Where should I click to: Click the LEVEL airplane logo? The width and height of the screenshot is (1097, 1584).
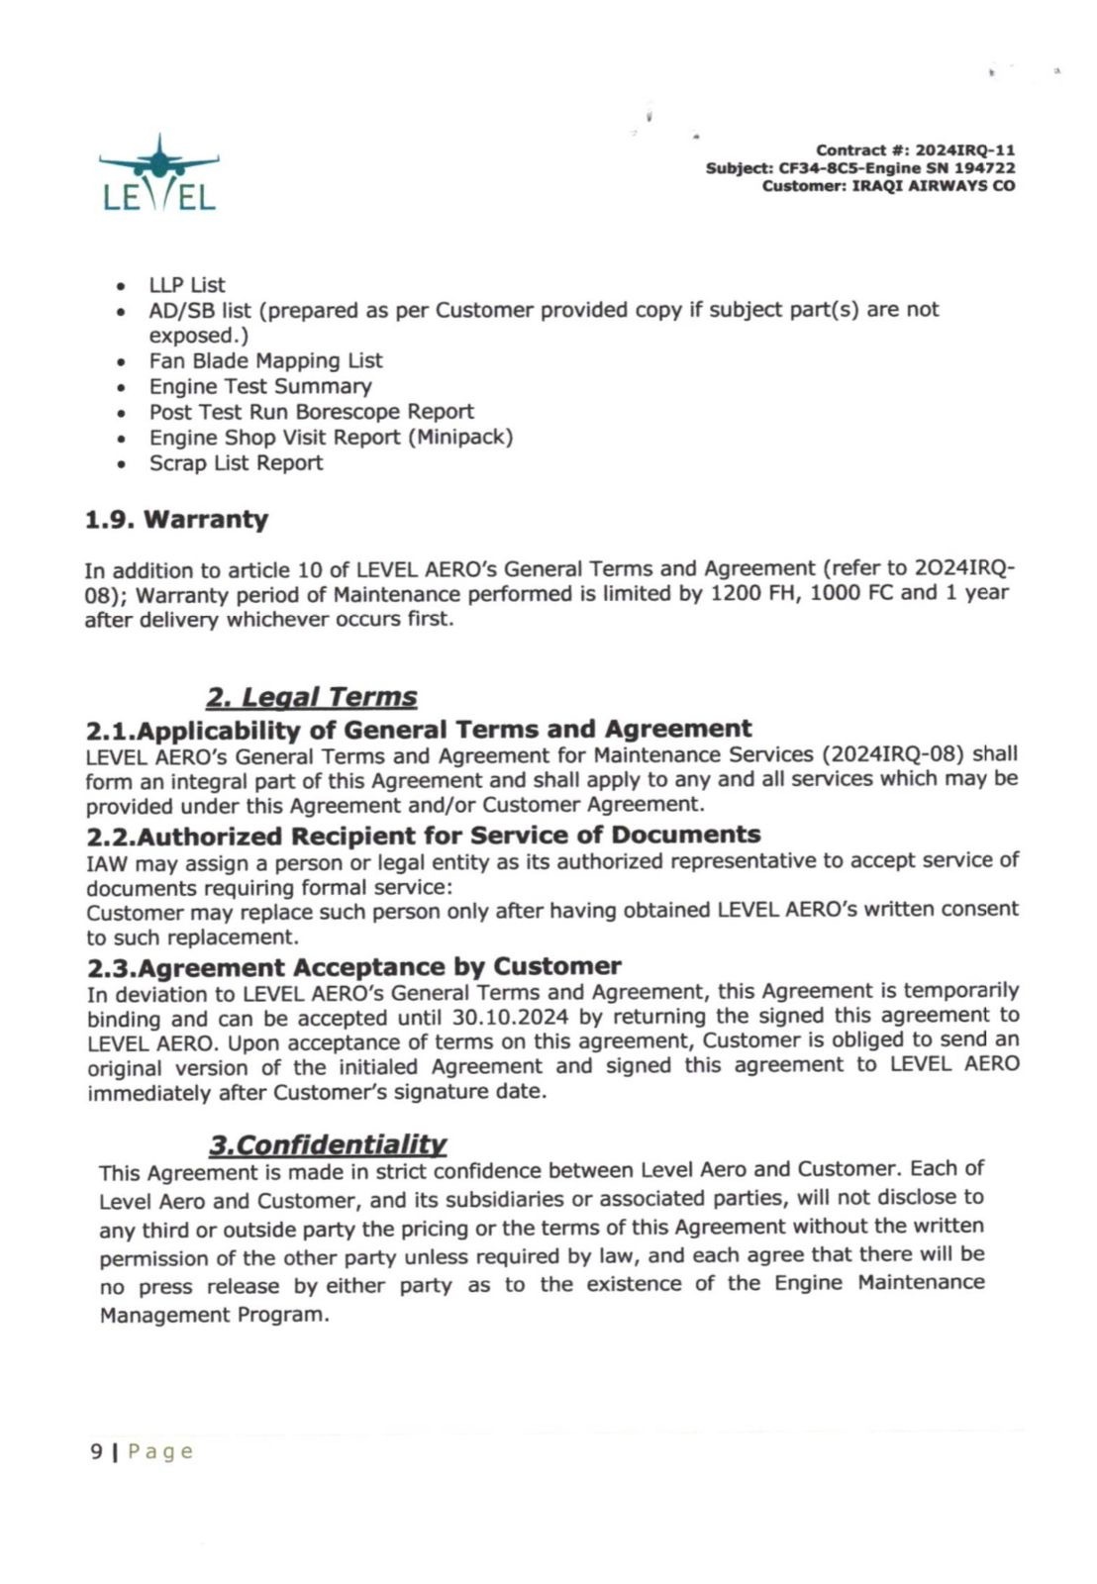pos(158,174)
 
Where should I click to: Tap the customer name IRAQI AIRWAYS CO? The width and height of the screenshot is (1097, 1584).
pos(933,186)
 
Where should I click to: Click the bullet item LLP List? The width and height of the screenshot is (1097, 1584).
pos(187,285)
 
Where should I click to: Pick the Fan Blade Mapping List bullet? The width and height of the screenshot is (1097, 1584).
pos(265,360)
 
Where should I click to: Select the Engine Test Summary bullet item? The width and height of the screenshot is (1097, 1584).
pos(260,386)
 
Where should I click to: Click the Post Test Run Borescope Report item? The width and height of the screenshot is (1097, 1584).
pos(311,412)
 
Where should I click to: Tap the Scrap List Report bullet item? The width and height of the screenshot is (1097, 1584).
pos(236,462)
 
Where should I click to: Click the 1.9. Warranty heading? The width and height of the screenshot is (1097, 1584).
pos(176,520)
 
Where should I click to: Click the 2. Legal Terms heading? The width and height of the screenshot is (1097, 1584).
pos(311,697)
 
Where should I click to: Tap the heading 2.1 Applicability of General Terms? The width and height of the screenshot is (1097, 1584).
pos(419,730)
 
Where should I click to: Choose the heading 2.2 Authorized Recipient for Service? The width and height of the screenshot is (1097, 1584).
pos(424,836)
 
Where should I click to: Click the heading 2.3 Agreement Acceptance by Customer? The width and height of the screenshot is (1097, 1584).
pos(354,966)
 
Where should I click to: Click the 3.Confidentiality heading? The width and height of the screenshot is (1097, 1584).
pos(327,1145)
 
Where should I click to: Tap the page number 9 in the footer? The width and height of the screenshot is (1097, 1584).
pos(96,1451)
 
